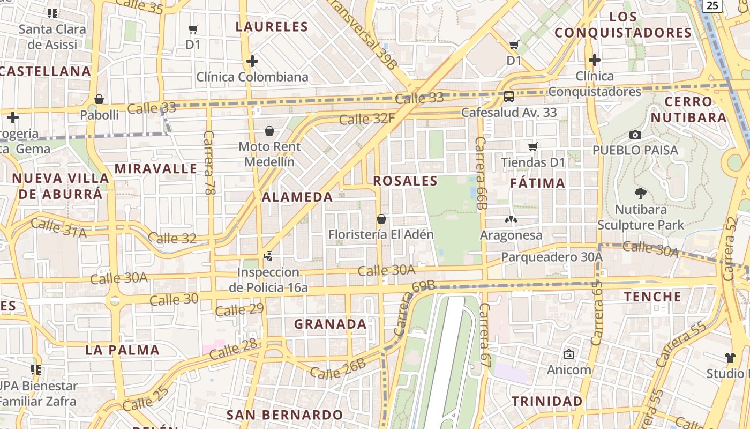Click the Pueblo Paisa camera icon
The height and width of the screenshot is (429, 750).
[635, 135]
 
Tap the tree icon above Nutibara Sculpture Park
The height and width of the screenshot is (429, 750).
[640, 194]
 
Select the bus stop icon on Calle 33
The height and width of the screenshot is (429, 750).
[508, 97]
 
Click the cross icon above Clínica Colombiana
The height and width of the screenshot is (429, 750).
[252, 61]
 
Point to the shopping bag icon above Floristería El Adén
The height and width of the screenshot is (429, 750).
[381, 219]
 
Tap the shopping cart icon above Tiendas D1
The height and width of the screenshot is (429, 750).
[532, 146]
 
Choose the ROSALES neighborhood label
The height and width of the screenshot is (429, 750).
[405, 181]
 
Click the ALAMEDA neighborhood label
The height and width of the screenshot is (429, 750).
[298, 197]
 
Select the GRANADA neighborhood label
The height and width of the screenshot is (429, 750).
[331, 324]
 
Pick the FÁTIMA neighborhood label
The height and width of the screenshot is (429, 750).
[537, 183]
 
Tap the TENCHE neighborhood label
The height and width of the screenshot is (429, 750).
[652, 297]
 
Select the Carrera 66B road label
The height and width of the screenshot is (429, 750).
[481, 173]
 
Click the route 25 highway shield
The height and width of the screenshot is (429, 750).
[712, 5]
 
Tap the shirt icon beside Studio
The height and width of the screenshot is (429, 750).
[730, 357]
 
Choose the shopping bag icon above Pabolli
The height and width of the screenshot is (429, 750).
[99, 99]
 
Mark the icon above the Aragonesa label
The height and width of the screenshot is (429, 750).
[511, 219]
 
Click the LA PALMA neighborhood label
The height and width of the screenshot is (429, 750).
[122, 350]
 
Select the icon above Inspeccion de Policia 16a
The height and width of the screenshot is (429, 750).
[268, 256]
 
